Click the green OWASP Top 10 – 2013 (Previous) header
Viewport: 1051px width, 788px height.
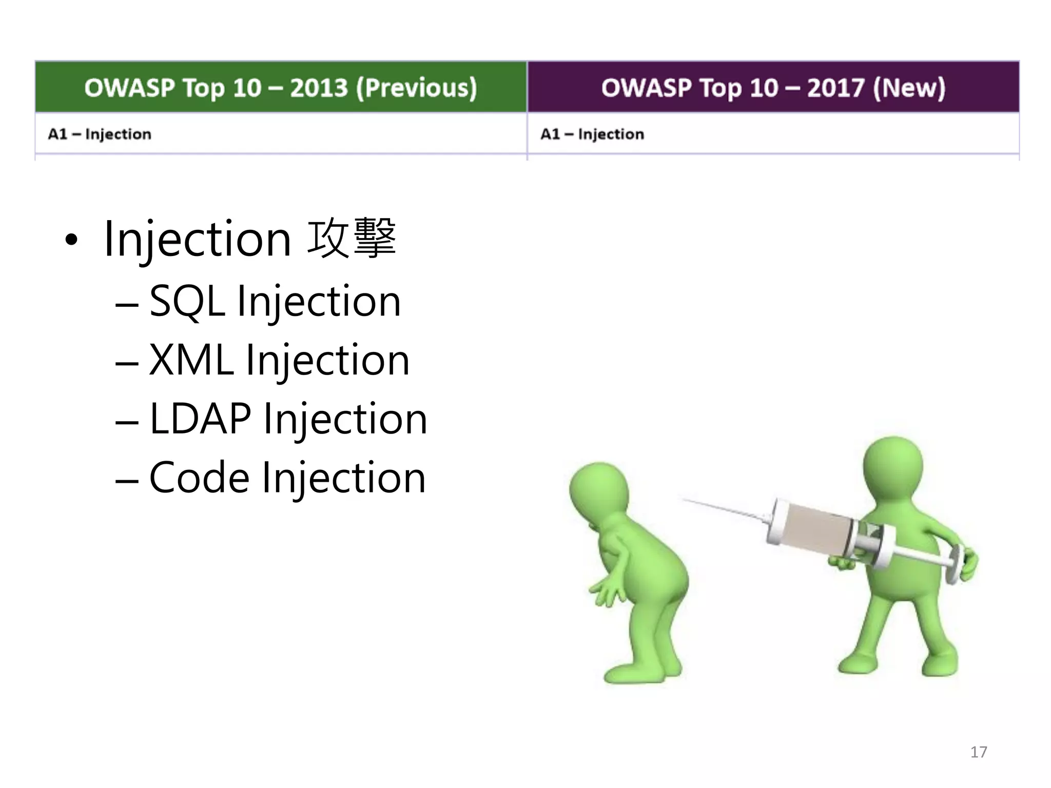point(281,87)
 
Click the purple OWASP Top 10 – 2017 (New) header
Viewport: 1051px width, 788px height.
point(773,87)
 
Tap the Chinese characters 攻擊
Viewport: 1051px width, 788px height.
point(352,238)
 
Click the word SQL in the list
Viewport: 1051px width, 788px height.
point(187,302)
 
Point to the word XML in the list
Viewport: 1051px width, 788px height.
point(191,360)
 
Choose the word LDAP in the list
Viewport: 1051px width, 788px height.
point(200,419)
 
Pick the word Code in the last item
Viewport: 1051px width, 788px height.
point(199,478)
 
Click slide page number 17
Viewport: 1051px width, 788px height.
point(978,752)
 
